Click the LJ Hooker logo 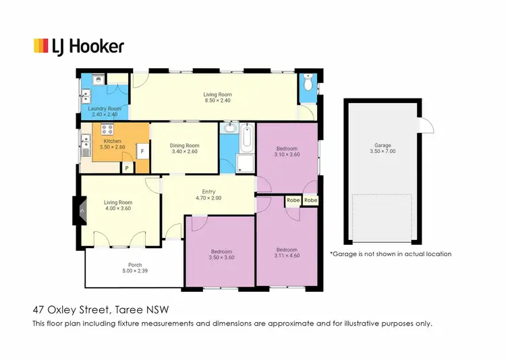pos(78,46)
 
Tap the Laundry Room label pos(105,109)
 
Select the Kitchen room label pos(112,141)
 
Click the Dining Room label pos(184,146)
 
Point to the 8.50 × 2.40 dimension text pos(218,100)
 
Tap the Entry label pos(208,192)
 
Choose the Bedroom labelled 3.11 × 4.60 pos(286,252)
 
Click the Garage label pos(383,146)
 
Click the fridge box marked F pos(142,152)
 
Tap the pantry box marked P pos(125,167)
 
